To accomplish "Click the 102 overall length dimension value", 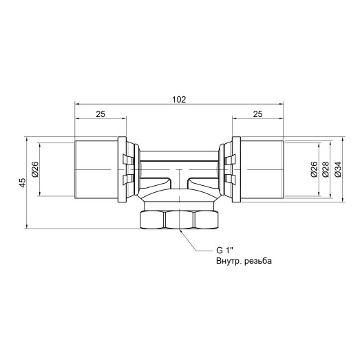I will point(178,99).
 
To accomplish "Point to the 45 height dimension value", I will point(23,182).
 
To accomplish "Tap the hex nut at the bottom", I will point(180,220).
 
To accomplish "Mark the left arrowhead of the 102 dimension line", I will point(77,105).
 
